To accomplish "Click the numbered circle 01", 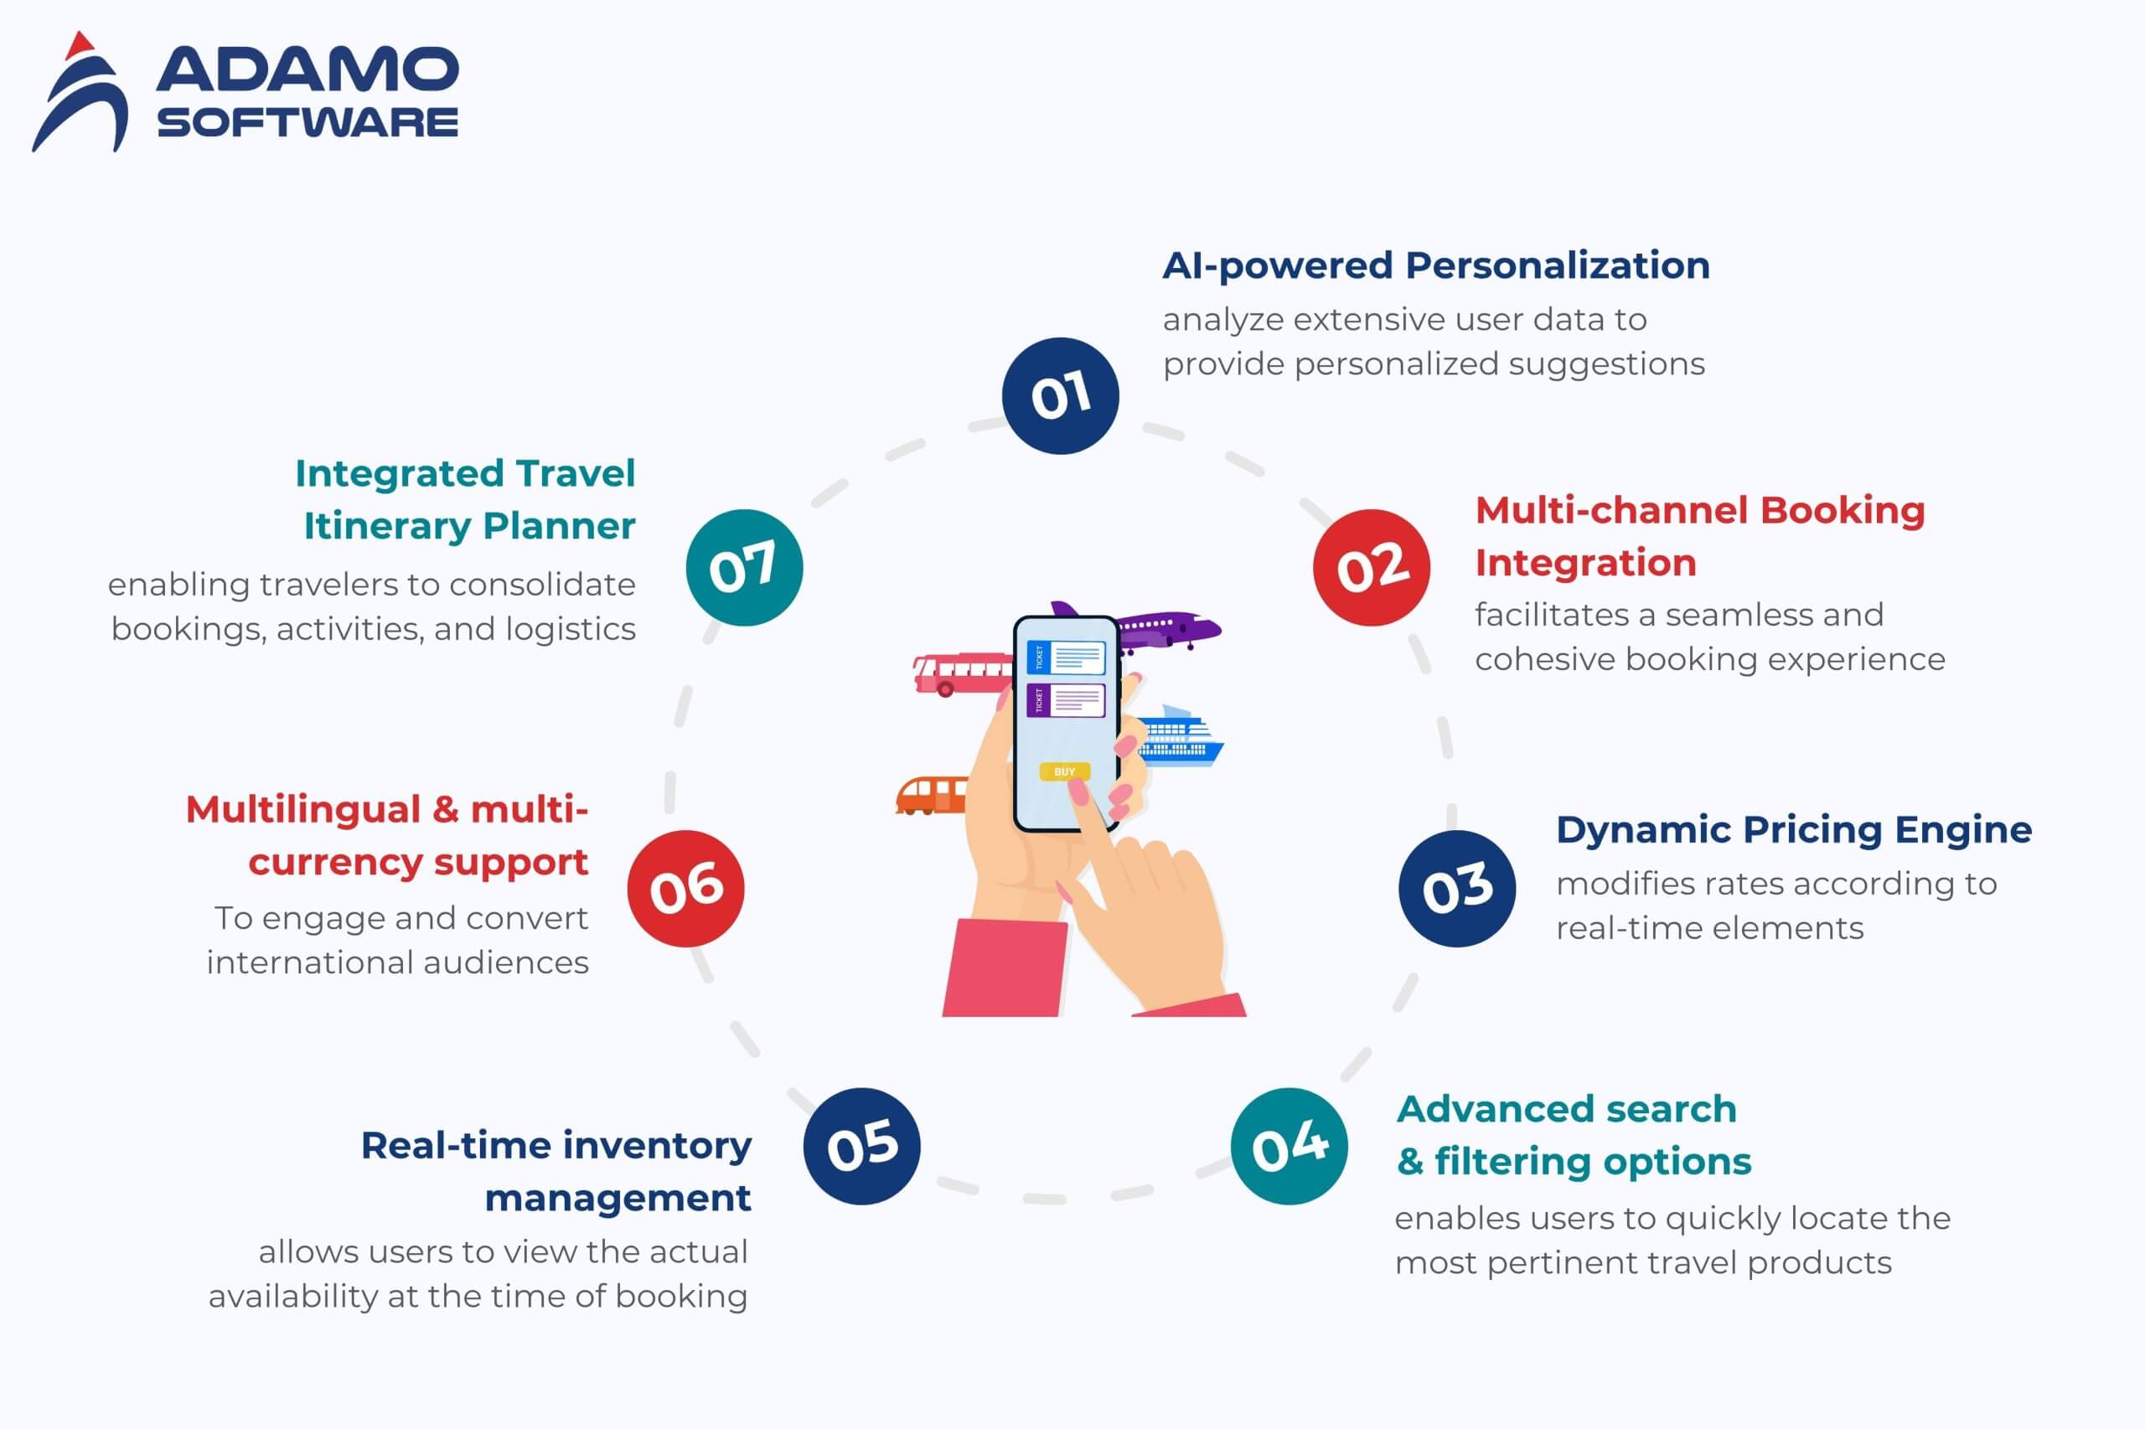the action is pyautogui.click(x=1060, y=395).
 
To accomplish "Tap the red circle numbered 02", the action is pyautogui.click(x=1372, y=567).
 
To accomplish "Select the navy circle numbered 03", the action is pyautogui.click(x=1458, y=889).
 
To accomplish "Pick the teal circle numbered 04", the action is pyautogui.click(x=1289, y=1146).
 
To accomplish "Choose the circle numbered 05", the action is pyautogui.click(x=861, y=1146).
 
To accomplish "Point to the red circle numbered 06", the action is pyautogui.click(x=685, y=889).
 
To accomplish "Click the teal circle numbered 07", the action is pyautogui.click(x=744, y=567).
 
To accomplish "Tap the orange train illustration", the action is pyautogui.click(x=931, y=796).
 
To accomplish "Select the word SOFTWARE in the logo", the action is pyautogui.click(x=308, y=122).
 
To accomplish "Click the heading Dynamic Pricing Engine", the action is pyautogui.click(x=1794, y=830).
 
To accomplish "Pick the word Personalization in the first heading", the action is pyautogui.click(x=1557, y=266).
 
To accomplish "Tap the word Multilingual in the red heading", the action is pyautogui.click(x=302, y=809).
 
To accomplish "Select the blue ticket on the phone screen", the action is pyautogui.click(x=1066, y=657).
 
